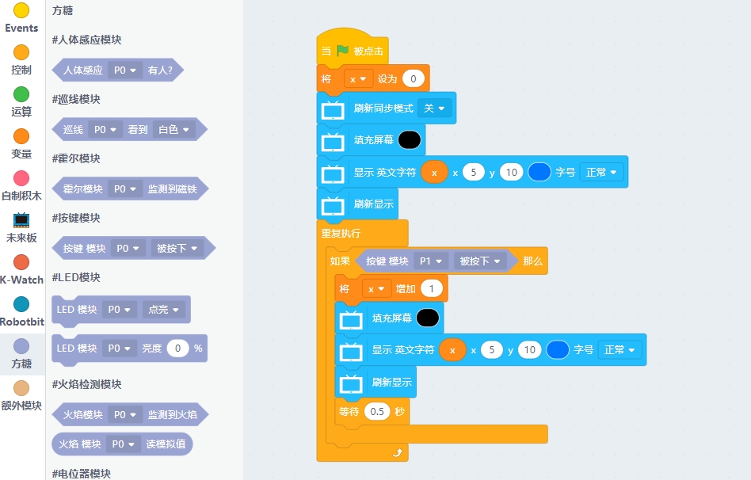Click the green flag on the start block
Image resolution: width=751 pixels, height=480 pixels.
pos(343,51)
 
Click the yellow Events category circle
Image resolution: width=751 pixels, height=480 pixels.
pos(21,10)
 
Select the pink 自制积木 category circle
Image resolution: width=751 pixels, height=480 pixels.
pos(21,178)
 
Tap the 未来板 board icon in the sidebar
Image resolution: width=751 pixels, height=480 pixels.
pos(21,220)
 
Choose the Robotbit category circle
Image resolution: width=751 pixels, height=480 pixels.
pos(21,304)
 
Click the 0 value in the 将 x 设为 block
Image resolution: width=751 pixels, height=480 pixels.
pos(414,79)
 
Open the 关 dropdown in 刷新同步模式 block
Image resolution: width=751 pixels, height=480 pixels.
pos(434,109)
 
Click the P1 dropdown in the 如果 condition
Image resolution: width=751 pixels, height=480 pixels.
pos(431,261)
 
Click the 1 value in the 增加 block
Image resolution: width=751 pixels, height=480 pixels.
pos(432,289)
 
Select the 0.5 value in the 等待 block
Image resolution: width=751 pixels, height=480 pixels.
pos(377,412)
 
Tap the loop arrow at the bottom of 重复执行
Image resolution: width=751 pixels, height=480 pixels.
pos(398,453)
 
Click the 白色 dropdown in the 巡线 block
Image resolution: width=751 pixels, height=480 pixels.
pos(173,129)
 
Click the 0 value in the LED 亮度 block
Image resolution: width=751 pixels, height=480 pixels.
pos(177,349)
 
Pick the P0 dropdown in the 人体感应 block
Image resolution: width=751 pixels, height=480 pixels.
pos(125,70)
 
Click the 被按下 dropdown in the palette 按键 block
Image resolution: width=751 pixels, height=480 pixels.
pos(177,248)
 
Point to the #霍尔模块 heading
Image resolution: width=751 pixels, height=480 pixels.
pos(76,158)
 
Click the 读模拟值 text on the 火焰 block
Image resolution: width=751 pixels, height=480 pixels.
pos(166,444)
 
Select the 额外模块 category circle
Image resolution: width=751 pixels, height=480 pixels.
pos(21,388)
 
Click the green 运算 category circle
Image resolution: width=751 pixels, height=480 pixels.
pos(21,94)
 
